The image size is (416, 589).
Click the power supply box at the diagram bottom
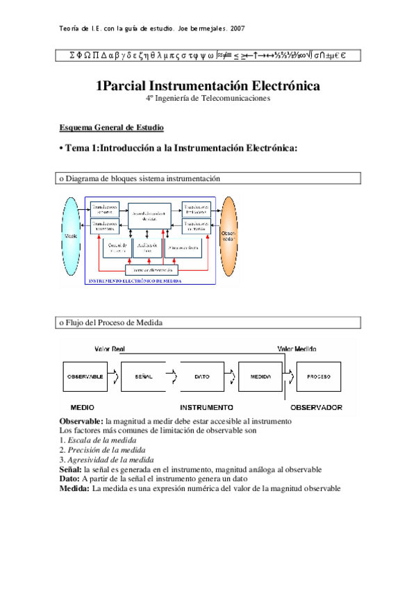(x=151, y=269)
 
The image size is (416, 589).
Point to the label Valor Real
(x=109, y=349)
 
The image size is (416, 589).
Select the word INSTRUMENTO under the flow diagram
(x=206, y=406)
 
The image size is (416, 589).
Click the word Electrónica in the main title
(x=280, y=85)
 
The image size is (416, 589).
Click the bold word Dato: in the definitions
(x=69, y=479)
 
